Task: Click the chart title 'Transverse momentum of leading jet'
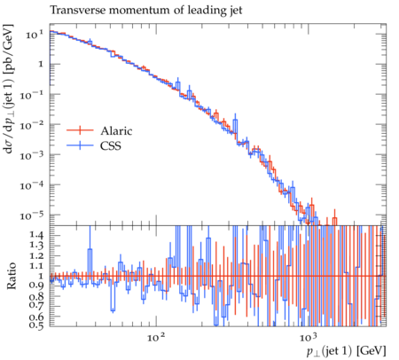coord(146,10)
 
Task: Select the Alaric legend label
coord(116,130)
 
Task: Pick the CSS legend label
coord(111,145)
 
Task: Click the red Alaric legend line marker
coord(80,130)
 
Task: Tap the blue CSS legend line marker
coord(80,145)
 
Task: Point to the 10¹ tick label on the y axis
coord(35,35)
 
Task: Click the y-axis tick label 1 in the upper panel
coord(41,64)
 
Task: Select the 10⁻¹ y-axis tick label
coord(32,95)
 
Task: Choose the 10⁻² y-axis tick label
coord(32,125)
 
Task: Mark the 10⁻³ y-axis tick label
coord(32,155)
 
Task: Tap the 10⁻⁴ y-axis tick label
coord(32,185)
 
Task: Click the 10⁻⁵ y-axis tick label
coord(32,215)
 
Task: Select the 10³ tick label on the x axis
coord(308,337)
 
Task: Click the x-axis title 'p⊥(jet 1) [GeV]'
coord(347,351)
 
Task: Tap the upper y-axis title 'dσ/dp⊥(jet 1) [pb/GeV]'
coord(9,89)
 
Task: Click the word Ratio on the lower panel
coord(11,276)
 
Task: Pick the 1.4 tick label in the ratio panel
coord(36,235)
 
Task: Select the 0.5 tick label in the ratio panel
coord(36,325)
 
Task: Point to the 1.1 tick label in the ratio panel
coord(36,266)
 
